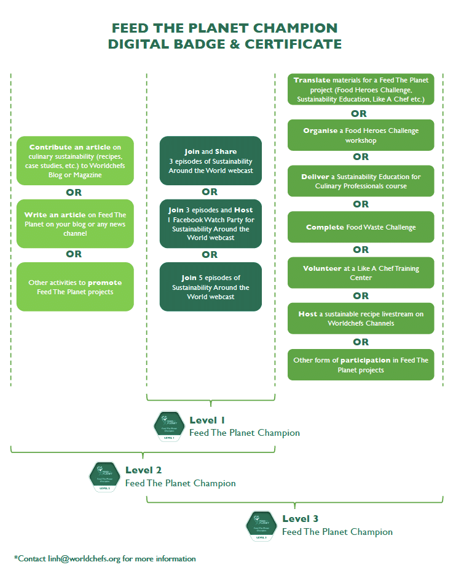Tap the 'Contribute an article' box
click(x=75, y=161)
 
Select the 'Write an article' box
click(x=75, y=223)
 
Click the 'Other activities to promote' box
click(x=75, y=287)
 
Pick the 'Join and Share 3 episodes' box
click(x=210, y=161)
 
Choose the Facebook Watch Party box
click(x=210, y=224)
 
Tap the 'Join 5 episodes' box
click(x=210, y=287)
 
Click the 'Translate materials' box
click(x=361, y=89)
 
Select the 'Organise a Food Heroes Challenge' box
click(x=361, y=135)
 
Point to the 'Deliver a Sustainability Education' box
click(x=361, y=181)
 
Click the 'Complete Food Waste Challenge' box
click(x=361, y=227)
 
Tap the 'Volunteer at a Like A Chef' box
click(x=361, y=273)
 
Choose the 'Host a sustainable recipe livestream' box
click(x=361, y=318)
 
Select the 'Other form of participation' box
click(x=361, y=364)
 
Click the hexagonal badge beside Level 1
click(x=168, y=426)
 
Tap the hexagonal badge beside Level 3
click(x=261, y=525)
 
